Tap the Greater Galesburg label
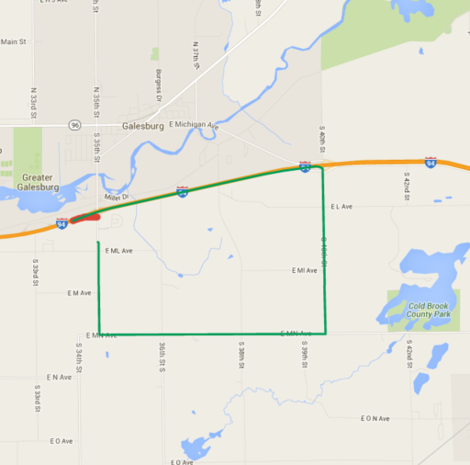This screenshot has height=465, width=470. point(38,182)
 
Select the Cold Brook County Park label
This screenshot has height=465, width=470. point(420,310)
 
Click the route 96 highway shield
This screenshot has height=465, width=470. point(74,123)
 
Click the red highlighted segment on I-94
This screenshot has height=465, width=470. point(85,219)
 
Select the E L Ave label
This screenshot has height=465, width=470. point(341,207)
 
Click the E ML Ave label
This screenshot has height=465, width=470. point(119,250)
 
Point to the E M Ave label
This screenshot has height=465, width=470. point(79,293)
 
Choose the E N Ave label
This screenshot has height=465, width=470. point(60,378)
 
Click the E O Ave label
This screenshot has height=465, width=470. point(61,440)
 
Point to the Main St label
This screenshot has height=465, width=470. point(13,42)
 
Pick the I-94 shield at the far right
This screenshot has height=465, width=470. point(431,163)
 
